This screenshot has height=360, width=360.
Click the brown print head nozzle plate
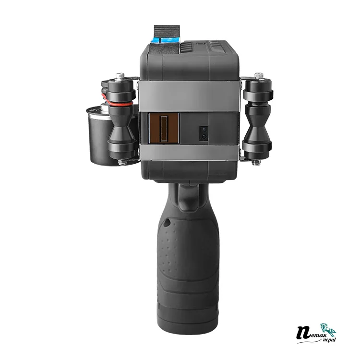[x=164, y=128]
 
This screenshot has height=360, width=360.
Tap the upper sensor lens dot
[x=204, y=130]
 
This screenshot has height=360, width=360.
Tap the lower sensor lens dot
[x=204, y=136]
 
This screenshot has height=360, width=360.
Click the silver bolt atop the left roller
[x=120, y=76]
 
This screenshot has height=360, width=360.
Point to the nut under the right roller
[x=256, y=163]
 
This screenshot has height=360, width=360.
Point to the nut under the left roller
[x=121, y=162]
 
